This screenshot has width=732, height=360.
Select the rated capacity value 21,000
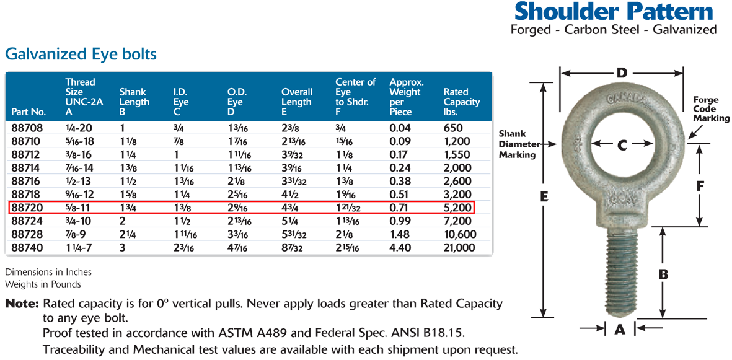(x=459, y=248)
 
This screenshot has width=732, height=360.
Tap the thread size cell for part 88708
(x=77, y=128)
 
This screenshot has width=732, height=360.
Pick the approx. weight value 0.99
(x=400, y=221)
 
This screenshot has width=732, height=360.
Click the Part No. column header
(x=29, y=112)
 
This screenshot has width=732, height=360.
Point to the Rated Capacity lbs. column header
(x=461, y=102)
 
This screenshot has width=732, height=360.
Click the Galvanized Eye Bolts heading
(x=81, y=55)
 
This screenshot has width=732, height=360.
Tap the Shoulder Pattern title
(x=614, y=12)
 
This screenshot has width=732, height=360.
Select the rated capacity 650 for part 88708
(x=453, y=128)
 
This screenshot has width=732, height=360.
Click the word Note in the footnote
(x=21, y=304)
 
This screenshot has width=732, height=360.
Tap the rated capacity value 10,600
(x=460, y=234)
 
